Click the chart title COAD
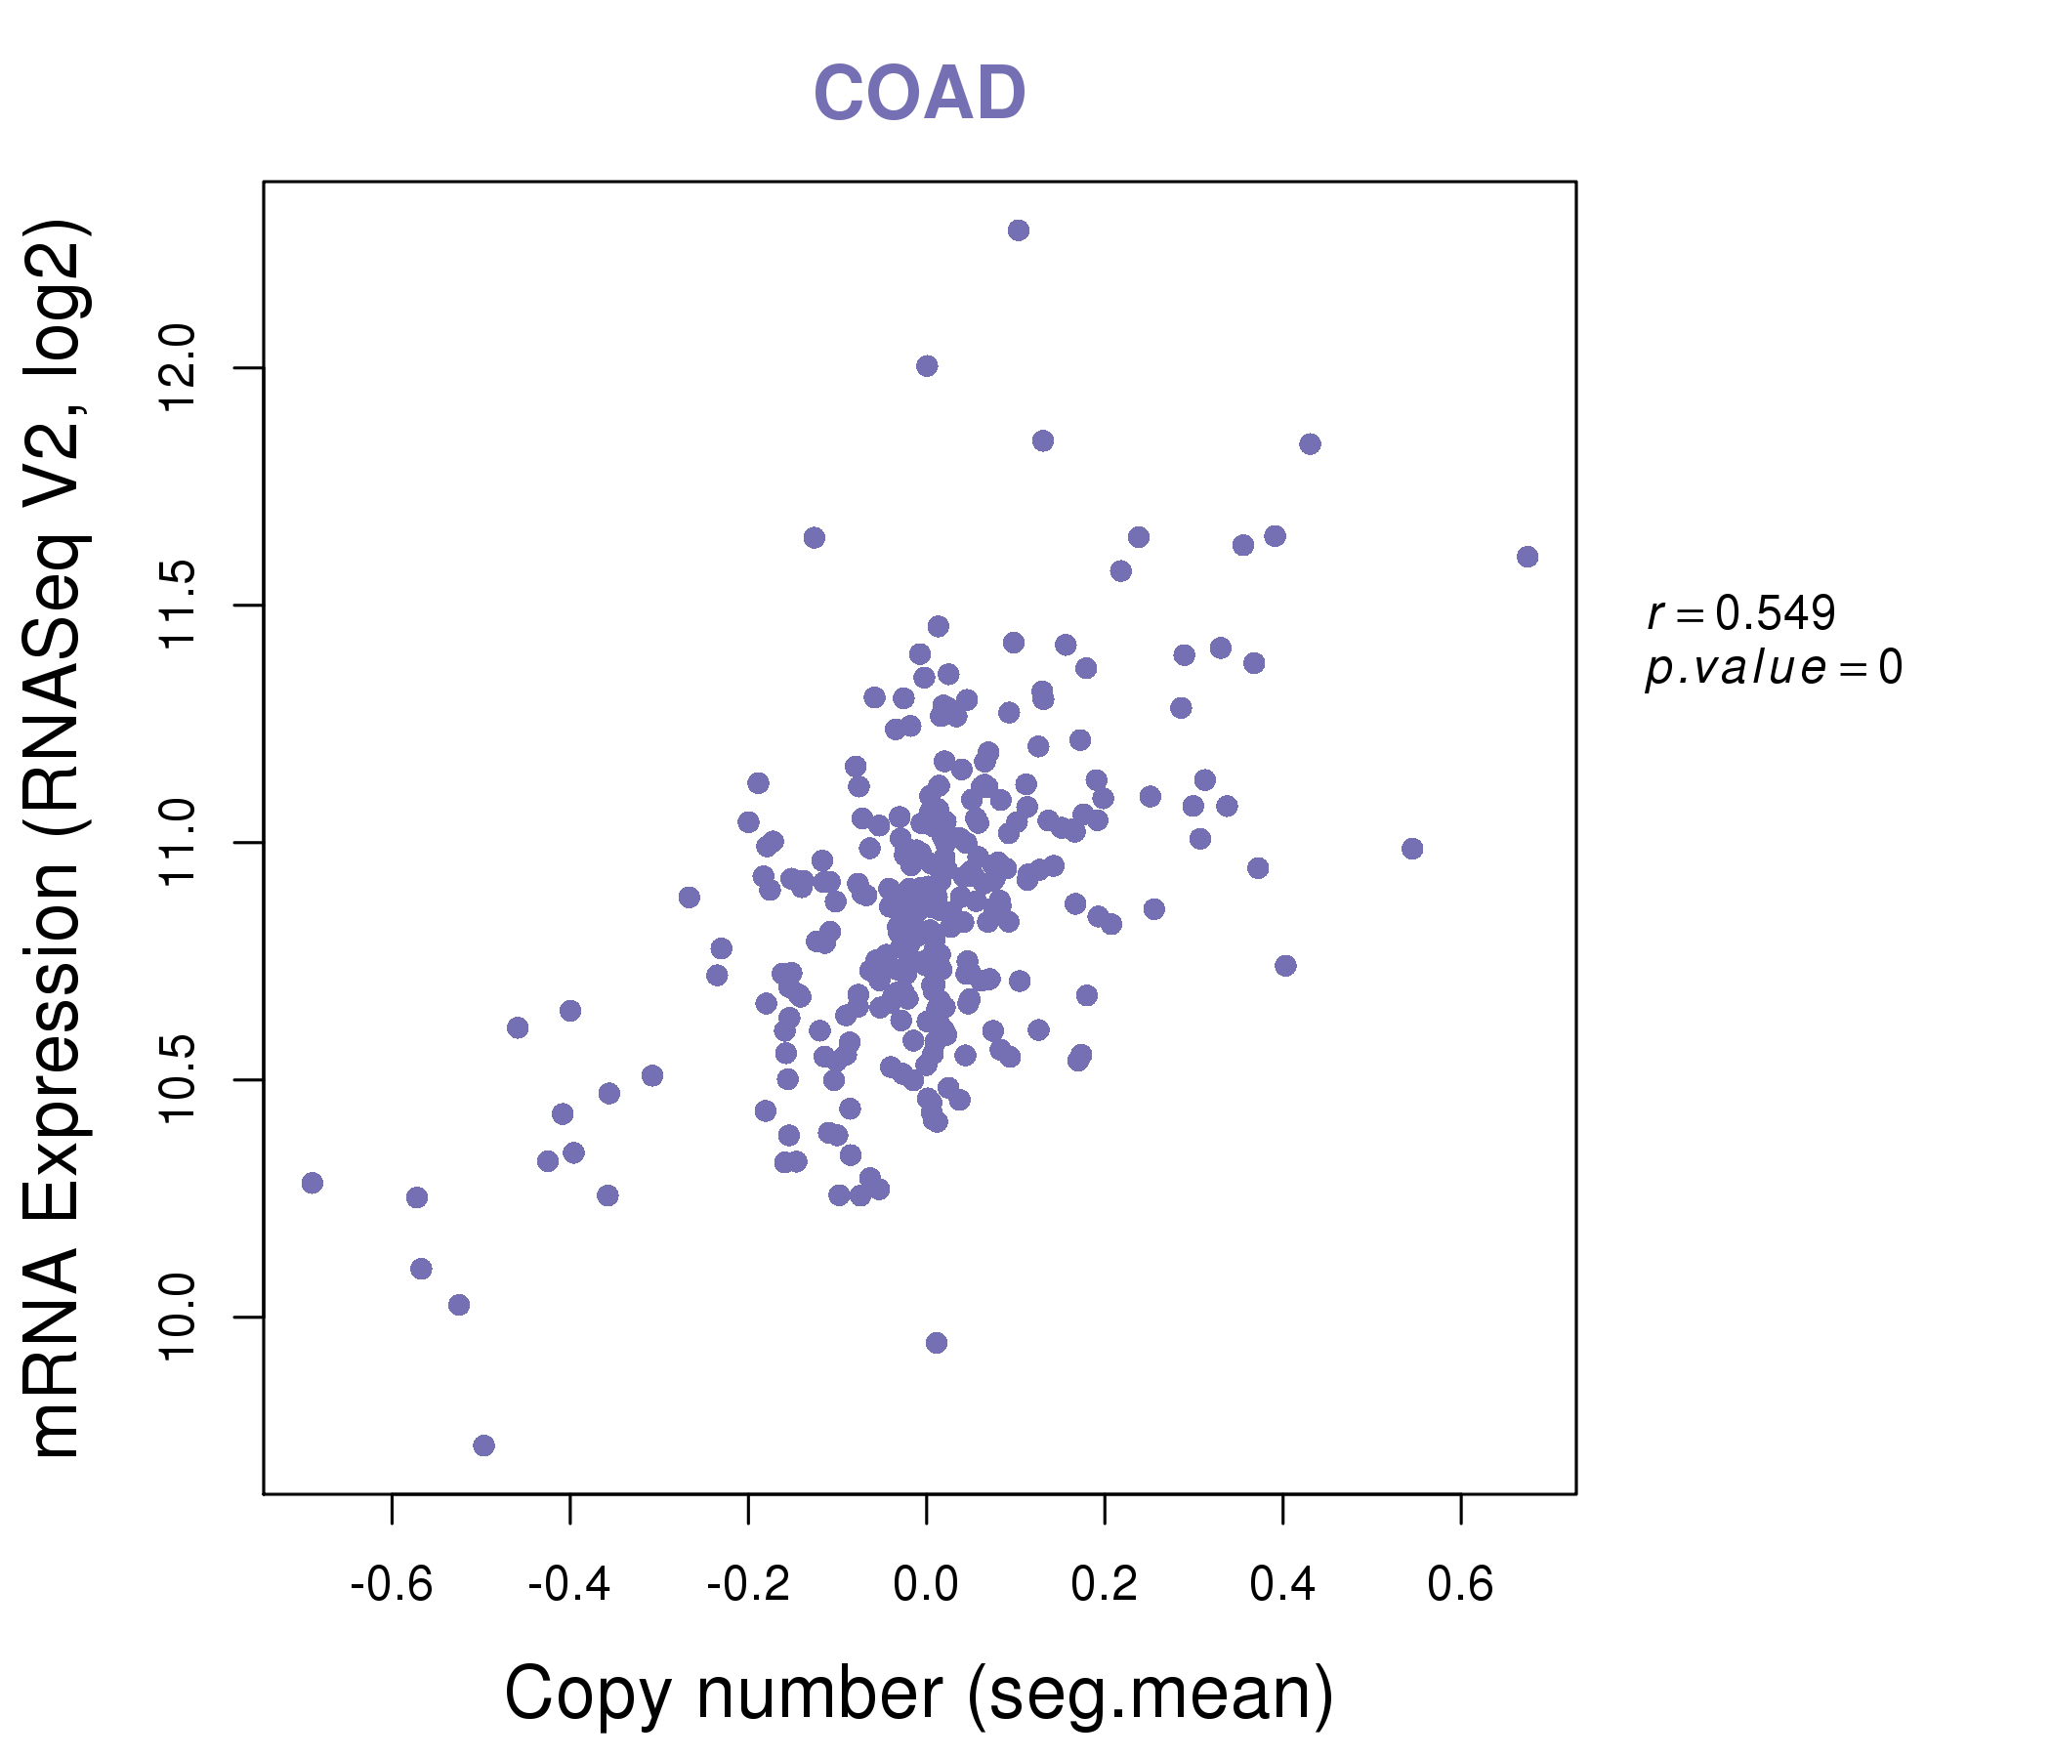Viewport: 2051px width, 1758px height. pyautogui.click(x=919, y=93)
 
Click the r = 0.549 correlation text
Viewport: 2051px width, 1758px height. pyautogui.click(x=1740, y=613)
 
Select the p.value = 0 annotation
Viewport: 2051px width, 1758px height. pyautogui.click(x=1773, y=668)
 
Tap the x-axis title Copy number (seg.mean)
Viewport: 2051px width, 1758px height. pyautogui.click(x=919, y=1695)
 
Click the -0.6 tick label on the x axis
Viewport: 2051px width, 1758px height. pyautogui.click(x=391, y=1585)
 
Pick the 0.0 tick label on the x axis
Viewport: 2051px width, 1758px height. pyautogui.click(x=926, y=1585)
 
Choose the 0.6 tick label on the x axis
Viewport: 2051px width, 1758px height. pyautogui.click(x=1460, y=1585)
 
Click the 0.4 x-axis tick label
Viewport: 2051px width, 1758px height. pyautogui.click(x=1281, y=1585)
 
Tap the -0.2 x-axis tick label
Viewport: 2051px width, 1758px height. pyautogui.click(x=747, y=1585)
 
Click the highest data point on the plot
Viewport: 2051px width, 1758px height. pyautogui.click(x=1018, y=230)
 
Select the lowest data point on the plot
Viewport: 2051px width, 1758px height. pyautogui.click(x=483, y=1446)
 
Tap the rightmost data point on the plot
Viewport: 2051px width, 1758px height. pyautogui.click(x=1527, y=557)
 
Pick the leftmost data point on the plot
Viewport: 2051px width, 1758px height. pyautogui.click(x=312, y=1183)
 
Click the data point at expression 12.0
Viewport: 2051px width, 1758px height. pyautogui.click(x=926, y=366)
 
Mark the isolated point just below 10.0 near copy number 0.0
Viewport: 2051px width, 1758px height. pyautogui.click(x=936, y=1342)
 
